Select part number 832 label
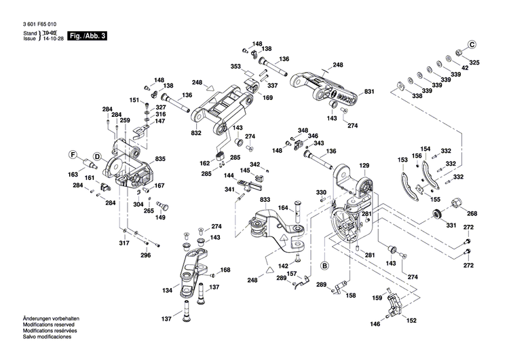(196, 133)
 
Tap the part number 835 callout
(160, 159)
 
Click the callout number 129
(364, 166)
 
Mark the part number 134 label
(167, 290)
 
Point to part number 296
(145, 255)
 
